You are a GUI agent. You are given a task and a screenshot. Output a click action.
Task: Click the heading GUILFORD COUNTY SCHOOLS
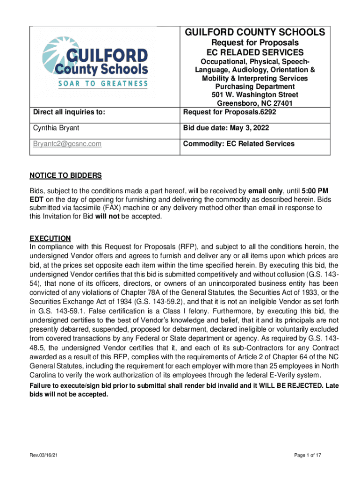pyautogui.click(x=255, y=32)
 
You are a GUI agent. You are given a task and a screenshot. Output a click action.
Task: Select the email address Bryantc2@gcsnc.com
pyautogui.click(x=67, y=144)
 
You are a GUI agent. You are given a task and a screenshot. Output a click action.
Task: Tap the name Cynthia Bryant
pyautogui.click(x=52, y=128)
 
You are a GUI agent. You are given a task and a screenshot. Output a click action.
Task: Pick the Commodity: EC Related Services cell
pyautogui.click(x=239, y=144)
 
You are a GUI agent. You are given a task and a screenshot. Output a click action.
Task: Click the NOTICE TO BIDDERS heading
pyautogui.click(x=65, y=175)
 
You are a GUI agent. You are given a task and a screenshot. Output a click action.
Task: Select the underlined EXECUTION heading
pyautogui.click(x=50, y=238)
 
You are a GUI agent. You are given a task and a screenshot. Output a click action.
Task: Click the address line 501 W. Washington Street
pyautogui.click(x=255, y=95)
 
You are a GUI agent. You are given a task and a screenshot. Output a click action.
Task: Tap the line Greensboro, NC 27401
pyautogui.click(x=255, y=103)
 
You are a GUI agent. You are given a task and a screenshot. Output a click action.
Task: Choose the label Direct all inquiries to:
pyautogui.click(x=69, y=112)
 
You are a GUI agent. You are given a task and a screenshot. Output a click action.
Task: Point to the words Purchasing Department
pyautogui.click(x=255, y=87)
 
